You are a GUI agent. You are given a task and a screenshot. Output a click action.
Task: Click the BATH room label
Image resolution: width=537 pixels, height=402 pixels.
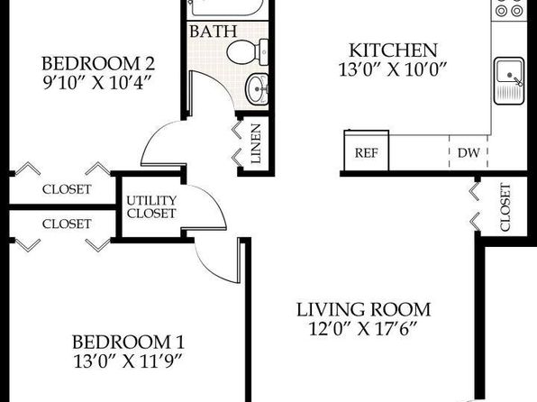213,32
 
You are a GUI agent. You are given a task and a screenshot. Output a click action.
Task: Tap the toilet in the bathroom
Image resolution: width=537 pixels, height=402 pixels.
247,52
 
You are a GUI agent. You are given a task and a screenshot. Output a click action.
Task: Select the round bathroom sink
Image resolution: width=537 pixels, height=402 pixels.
257,88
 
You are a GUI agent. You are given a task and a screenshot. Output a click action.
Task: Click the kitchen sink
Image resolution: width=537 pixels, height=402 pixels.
509,81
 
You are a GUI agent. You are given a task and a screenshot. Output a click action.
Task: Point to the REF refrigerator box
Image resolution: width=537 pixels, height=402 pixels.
367,151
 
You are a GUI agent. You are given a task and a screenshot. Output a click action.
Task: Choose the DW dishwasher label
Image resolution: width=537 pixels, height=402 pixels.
469,152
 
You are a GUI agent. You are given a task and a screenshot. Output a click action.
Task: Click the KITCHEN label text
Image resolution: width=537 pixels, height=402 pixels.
393,50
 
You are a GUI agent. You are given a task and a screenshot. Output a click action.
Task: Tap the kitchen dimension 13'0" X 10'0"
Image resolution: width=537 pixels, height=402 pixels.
393,70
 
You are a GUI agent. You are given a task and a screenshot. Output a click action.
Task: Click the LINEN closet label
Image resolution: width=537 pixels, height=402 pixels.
256,143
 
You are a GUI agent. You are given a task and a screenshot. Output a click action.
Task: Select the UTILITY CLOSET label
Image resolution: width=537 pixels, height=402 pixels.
151,207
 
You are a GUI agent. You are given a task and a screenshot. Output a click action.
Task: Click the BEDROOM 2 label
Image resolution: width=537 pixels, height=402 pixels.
98,63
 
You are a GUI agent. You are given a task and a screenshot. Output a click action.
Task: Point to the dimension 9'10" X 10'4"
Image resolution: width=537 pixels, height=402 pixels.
97,83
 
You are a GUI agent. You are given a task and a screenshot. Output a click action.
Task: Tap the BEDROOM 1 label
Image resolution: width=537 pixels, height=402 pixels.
128,342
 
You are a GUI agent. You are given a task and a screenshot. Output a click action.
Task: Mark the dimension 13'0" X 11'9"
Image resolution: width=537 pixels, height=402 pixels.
127,361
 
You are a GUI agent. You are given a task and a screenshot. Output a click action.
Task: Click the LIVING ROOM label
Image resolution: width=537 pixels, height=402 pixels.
363,309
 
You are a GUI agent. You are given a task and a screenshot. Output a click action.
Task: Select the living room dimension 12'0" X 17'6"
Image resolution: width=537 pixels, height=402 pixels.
363,329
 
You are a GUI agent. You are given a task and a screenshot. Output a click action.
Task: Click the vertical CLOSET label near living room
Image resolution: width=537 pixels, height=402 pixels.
505,207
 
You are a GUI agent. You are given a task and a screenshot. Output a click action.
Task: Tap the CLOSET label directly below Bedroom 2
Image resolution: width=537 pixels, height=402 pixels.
67,189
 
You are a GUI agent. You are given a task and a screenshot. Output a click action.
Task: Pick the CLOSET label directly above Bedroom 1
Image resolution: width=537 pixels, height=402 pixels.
67,224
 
